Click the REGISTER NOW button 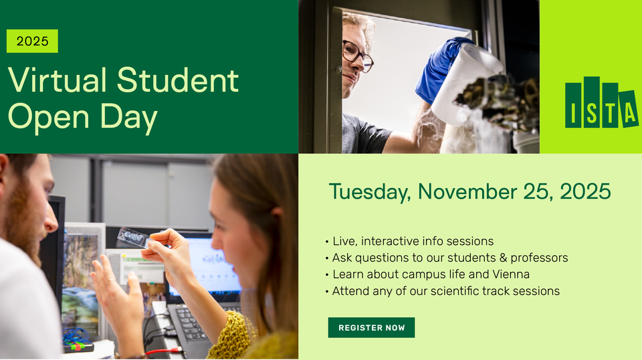click(x=371, y=328)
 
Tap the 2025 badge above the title click(x=32, y=41)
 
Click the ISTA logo click(x=601, y=104)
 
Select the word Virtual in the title click(x=58, y=81)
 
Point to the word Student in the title click(x=178, y=81)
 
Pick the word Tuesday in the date click(x=370, y=192)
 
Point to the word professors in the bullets click(x=537, y=258)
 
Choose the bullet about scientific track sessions click(x=445, y=291)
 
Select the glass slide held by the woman click(x=133, y=237)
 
